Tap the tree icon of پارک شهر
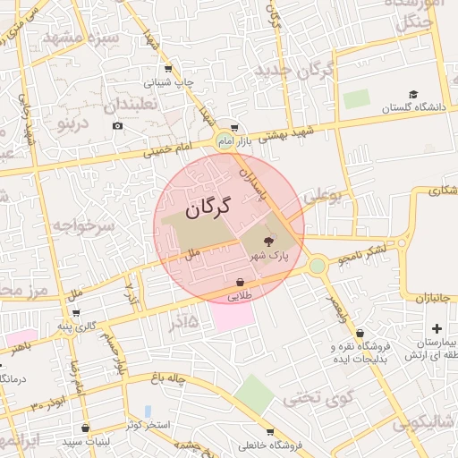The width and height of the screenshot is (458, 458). (269, 240)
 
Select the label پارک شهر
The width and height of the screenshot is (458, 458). (269, 257)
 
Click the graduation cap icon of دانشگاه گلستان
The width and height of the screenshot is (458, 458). (413, 94)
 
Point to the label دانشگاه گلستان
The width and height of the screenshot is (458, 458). (413, 108)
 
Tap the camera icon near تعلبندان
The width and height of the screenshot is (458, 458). (118, 126)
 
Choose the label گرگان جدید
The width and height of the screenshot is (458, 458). (294, 70)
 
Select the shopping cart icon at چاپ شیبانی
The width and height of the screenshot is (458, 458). (168, 69)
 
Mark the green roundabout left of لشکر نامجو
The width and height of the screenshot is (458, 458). (318, 265)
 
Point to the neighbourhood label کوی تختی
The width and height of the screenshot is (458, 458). (319, 397)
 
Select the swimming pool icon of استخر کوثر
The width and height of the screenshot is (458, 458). (148, 411)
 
